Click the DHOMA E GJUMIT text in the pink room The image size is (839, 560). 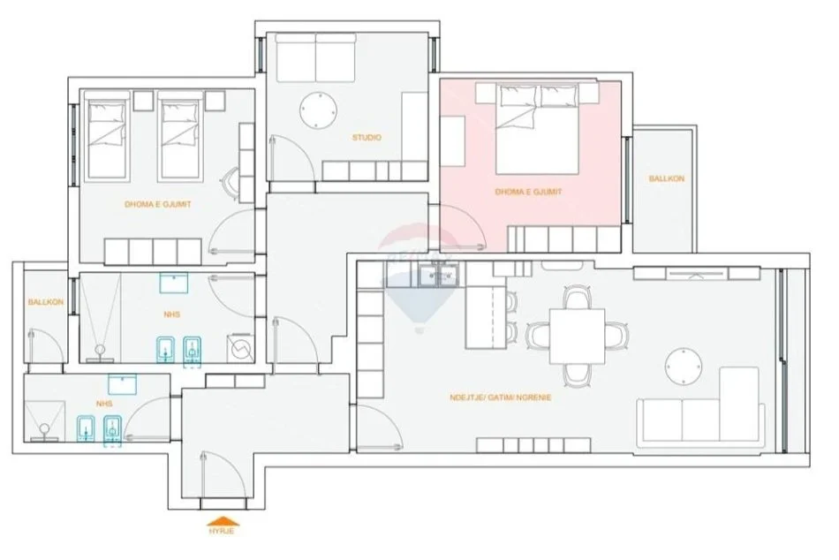tap(528, 191)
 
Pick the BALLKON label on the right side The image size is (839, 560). tap(666, 178)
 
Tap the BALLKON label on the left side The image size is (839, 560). tap(42, 302)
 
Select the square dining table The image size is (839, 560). tap(578, 335)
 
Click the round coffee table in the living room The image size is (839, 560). tap(686, 367)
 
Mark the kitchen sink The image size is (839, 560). tap(439, 276)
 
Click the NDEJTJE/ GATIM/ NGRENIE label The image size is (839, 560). tap(500, 397)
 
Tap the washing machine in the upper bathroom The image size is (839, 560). tap(238, 348)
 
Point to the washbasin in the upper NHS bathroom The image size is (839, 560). tap(174, 284)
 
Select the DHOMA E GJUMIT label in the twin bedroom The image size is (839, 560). tap(158, 204)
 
